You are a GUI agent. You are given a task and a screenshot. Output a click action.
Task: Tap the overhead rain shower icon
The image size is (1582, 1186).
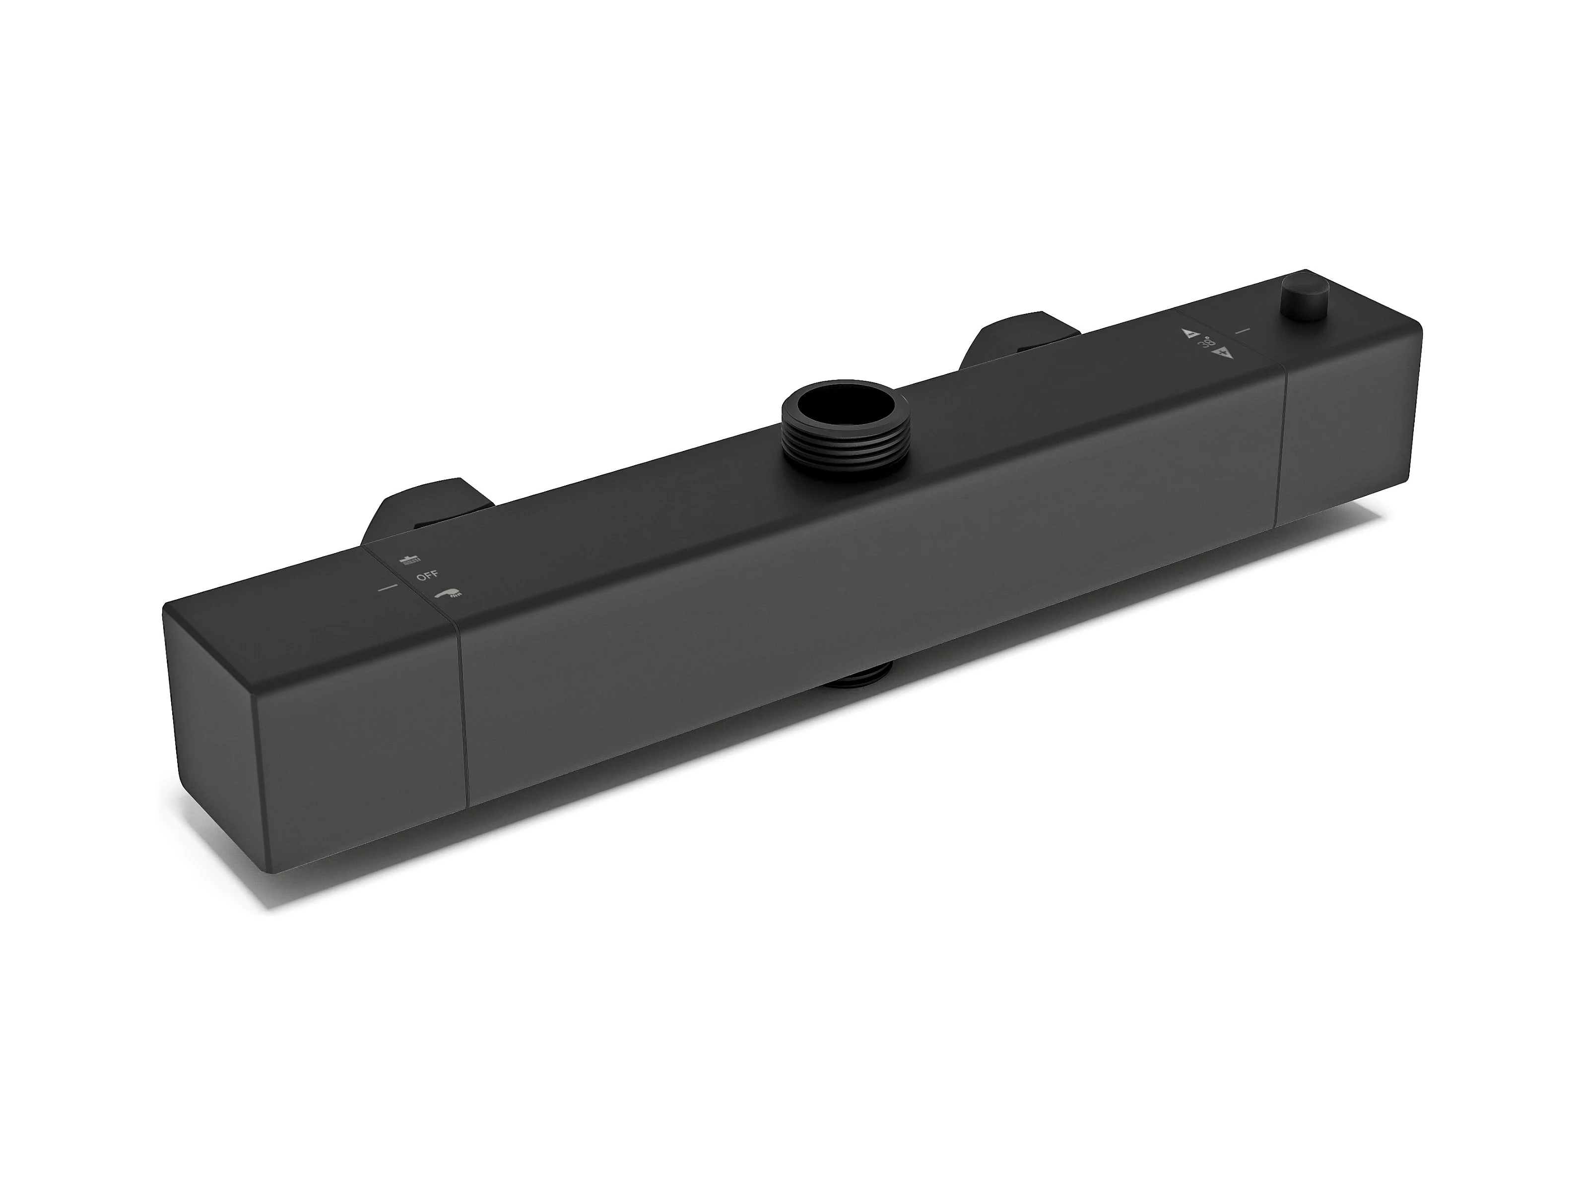[x=410, y=559]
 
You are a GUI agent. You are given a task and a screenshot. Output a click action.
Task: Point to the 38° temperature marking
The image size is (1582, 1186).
[x=1206, y=343]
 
